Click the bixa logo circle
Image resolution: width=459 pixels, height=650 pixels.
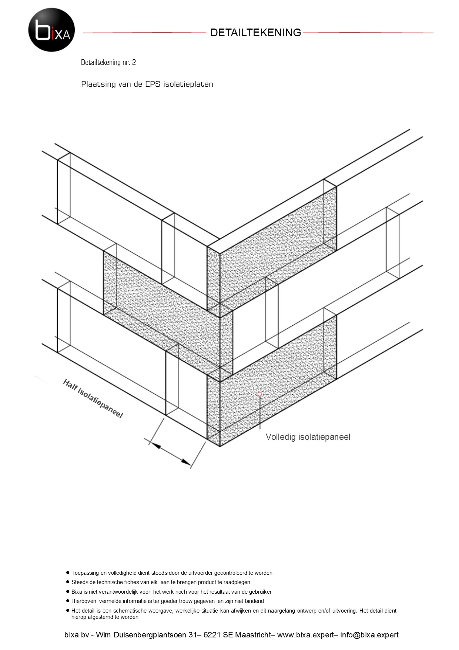point(52,30)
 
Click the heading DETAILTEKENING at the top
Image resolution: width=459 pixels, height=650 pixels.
point(256,33)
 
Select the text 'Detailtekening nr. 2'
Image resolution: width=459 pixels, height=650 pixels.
point(108,62)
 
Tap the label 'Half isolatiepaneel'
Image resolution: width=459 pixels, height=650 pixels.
point(93,398)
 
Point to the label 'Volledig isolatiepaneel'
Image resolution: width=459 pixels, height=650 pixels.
point(308,437)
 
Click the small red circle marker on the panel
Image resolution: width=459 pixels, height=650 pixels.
point(260,394)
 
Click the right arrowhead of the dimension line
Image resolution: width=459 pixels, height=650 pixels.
point(185,461)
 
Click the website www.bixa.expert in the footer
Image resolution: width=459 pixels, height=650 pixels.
point(305,635)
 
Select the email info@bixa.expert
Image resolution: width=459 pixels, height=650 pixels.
point(369,635)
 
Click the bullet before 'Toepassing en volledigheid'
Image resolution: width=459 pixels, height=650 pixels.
point(68,573)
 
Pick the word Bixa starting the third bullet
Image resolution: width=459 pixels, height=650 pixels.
point(77,592)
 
